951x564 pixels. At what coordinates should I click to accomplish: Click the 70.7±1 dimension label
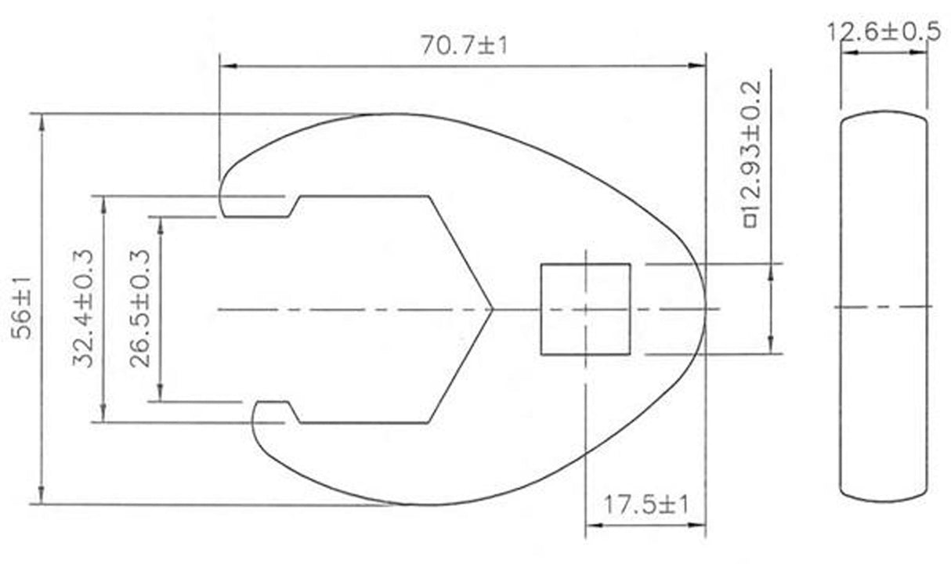pos(464,45)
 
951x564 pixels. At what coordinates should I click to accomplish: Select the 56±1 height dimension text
pos(24,310)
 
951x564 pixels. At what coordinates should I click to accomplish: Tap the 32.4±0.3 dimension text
pos(83,309)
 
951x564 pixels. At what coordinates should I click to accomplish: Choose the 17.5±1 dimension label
pos(644,503)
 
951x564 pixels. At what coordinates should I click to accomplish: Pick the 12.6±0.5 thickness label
pos(884,31)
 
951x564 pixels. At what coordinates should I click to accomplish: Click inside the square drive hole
pos(585,309)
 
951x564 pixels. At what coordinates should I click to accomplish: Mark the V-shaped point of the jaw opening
pos(491,309)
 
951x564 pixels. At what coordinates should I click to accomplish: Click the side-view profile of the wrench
pos(884,305)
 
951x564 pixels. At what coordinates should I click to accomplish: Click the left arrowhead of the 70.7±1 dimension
pos(226,67)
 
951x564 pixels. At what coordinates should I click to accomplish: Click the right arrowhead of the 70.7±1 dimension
pos(700,67)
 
